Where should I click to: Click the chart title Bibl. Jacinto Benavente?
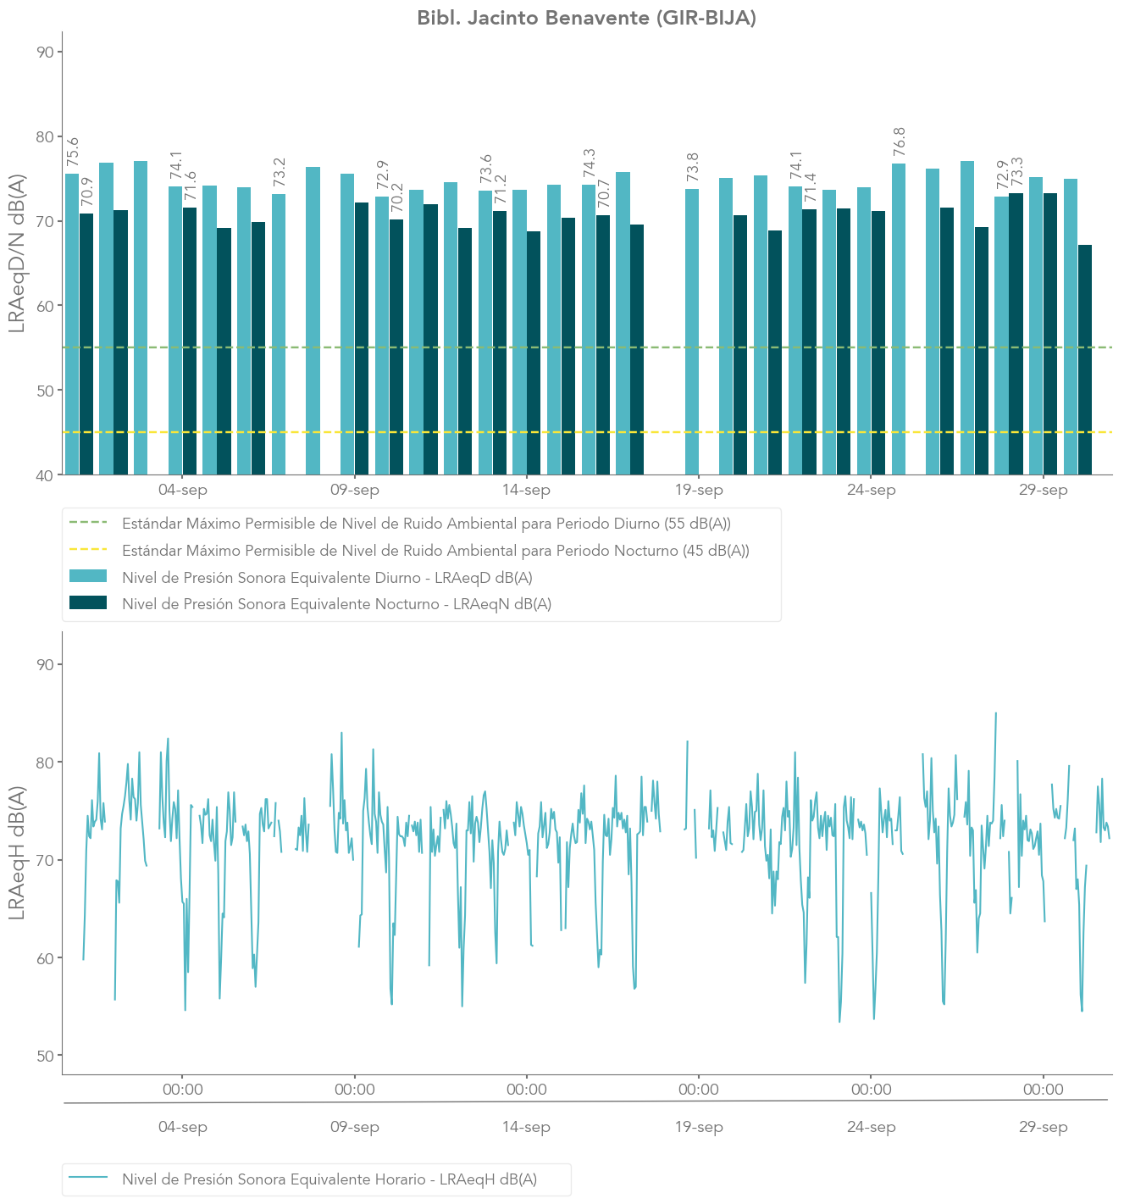click(x=586, y=18)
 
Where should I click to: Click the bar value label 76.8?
click(x=900, y=141)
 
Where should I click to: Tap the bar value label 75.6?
click(x=73, y=152)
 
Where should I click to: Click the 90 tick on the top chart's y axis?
click(x=46, y=52)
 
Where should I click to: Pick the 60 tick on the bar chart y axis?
click(x=46, y=306)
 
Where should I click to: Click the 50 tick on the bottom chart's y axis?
click(x=46, y=1056)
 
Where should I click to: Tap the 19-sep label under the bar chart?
click(x=699, y=491)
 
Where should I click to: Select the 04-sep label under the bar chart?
click(x=183, y=491)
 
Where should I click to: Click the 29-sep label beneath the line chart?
click(x=1044, y=1128)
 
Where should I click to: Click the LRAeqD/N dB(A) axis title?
click(x=17, y=253)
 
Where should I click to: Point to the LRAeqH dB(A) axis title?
click(x=17, y=852)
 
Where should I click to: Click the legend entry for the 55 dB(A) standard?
click(x=426, y=524)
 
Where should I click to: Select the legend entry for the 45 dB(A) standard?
click(x=435, y=551)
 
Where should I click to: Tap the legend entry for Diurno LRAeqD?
click(x=327, y=578)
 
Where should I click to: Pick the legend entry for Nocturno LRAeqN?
click(x=336, y=604)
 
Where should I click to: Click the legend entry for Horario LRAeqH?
click(x=329, y=1179)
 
